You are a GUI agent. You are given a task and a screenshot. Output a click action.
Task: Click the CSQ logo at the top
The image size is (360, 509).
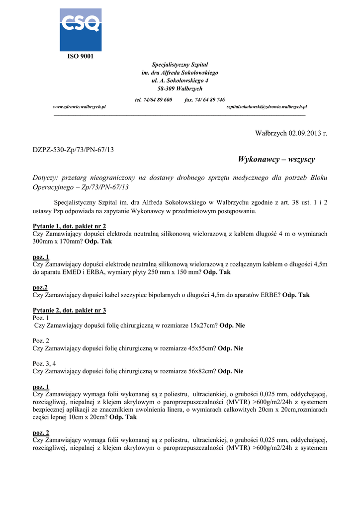81,29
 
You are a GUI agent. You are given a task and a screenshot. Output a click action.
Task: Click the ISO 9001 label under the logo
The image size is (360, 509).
81,56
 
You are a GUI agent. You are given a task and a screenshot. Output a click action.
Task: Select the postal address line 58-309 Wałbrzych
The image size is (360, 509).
180,88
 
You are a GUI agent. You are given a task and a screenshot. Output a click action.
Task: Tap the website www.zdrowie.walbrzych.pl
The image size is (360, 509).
80,107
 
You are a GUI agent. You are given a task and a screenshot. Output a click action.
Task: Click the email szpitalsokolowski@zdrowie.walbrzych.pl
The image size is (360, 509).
267,107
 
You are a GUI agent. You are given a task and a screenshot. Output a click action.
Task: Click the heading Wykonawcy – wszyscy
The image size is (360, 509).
276,160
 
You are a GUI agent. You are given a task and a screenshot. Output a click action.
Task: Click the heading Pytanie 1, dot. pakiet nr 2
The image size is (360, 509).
69,226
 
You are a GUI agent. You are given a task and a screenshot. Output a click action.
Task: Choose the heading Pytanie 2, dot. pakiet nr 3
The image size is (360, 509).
69,310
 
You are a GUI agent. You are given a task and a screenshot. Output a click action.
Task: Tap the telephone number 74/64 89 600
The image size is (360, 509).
157,100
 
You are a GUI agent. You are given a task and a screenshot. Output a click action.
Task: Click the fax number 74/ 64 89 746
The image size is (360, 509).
209,100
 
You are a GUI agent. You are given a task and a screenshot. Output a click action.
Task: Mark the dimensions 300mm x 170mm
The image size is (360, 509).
57,241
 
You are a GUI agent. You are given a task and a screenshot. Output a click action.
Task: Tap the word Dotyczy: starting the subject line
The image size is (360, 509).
46,177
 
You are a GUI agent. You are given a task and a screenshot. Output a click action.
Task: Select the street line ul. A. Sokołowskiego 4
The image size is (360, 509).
180,81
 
